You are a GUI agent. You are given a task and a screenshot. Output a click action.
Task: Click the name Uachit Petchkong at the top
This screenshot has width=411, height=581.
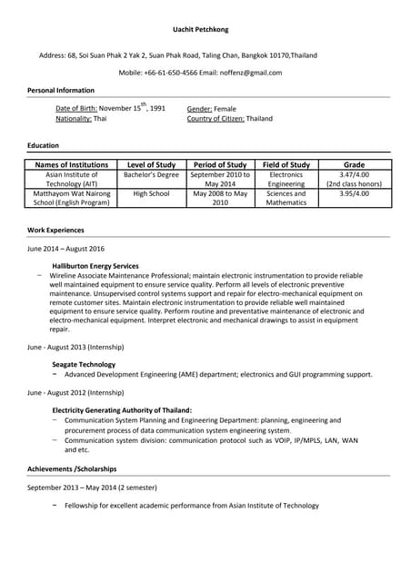205,30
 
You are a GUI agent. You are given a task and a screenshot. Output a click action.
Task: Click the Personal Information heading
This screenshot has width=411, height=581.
61,91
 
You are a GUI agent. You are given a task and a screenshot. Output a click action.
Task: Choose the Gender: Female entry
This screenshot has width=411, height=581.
211,108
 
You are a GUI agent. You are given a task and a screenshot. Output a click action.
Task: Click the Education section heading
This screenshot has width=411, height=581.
43,145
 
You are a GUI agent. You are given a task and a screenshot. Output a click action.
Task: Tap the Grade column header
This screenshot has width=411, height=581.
354,164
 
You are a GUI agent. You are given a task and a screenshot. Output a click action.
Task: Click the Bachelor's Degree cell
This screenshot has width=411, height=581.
151,173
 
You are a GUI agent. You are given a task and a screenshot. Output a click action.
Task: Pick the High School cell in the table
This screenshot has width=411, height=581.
151,193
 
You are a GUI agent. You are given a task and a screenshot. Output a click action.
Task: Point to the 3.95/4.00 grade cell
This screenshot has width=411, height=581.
354,193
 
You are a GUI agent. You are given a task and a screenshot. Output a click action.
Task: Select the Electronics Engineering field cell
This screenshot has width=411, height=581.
286,179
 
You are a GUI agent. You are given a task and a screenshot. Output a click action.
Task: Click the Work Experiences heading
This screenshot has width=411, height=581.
55,231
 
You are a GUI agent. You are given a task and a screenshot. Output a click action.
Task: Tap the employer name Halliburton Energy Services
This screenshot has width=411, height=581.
95,266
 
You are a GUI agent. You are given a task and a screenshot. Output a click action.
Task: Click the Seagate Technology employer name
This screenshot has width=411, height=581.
84,364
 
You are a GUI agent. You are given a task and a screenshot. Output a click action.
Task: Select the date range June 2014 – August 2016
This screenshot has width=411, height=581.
66,248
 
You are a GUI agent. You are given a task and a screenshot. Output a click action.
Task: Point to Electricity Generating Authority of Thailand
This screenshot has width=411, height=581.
122,410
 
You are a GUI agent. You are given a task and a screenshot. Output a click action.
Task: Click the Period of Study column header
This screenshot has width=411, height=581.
220,164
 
